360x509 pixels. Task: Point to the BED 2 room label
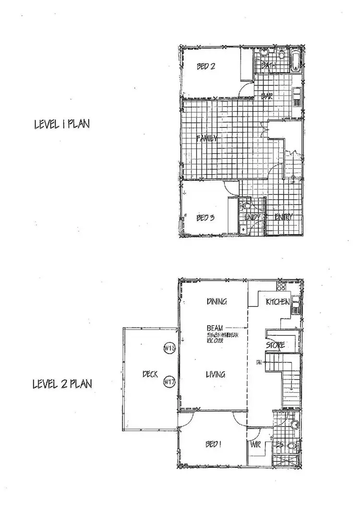click(x=205, y=67)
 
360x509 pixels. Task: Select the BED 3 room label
click(x=205, y=218)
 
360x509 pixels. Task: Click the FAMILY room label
click(x=207, y=139)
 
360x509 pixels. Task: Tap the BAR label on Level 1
click(x=266, y=96)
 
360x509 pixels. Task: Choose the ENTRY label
click(x=284, y=217)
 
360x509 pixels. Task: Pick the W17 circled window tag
click(x=168, y=382)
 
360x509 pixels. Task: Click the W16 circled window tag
click(x=168, y=349)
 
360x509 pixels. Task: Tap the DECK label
click(x=151, y=375)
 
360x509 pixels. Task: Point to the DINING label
click(x=216, y=302)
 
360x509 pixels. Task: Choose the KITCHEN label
click(x=277, y=302)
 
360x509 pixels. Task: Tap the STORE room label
click(x=276, y=345)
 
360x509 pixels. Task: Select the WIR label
click(x=254, y=444)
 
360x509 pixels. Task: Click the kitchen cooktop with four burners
click(x=281, y=287)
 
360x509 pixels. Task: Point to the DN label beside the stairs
click(x=259, y=361)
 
